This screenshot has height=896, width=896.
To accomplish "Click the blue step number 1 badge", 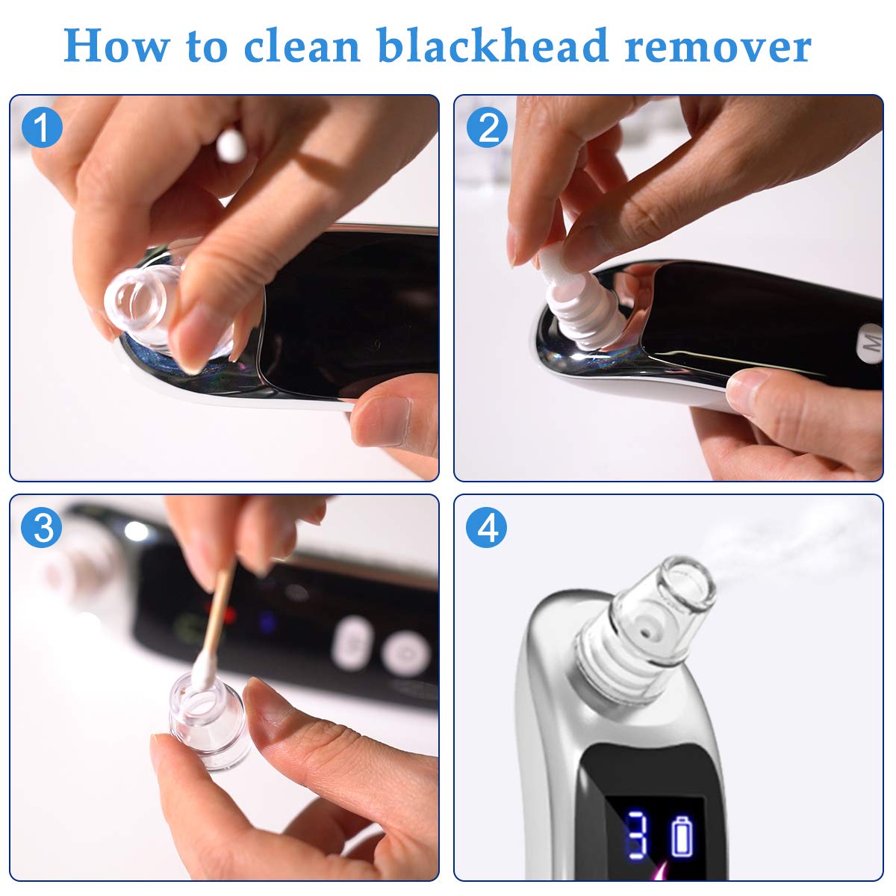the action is click(x=42, y=128).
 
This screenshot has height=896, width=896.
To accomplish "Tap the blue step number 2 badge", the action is click(x=487, y=128).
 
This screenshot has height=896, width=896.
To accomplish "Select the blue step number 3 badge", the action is click(x=42, y=527).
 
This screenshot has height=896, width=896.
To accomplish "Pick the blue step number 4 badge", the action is click(x=487, y=527).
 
